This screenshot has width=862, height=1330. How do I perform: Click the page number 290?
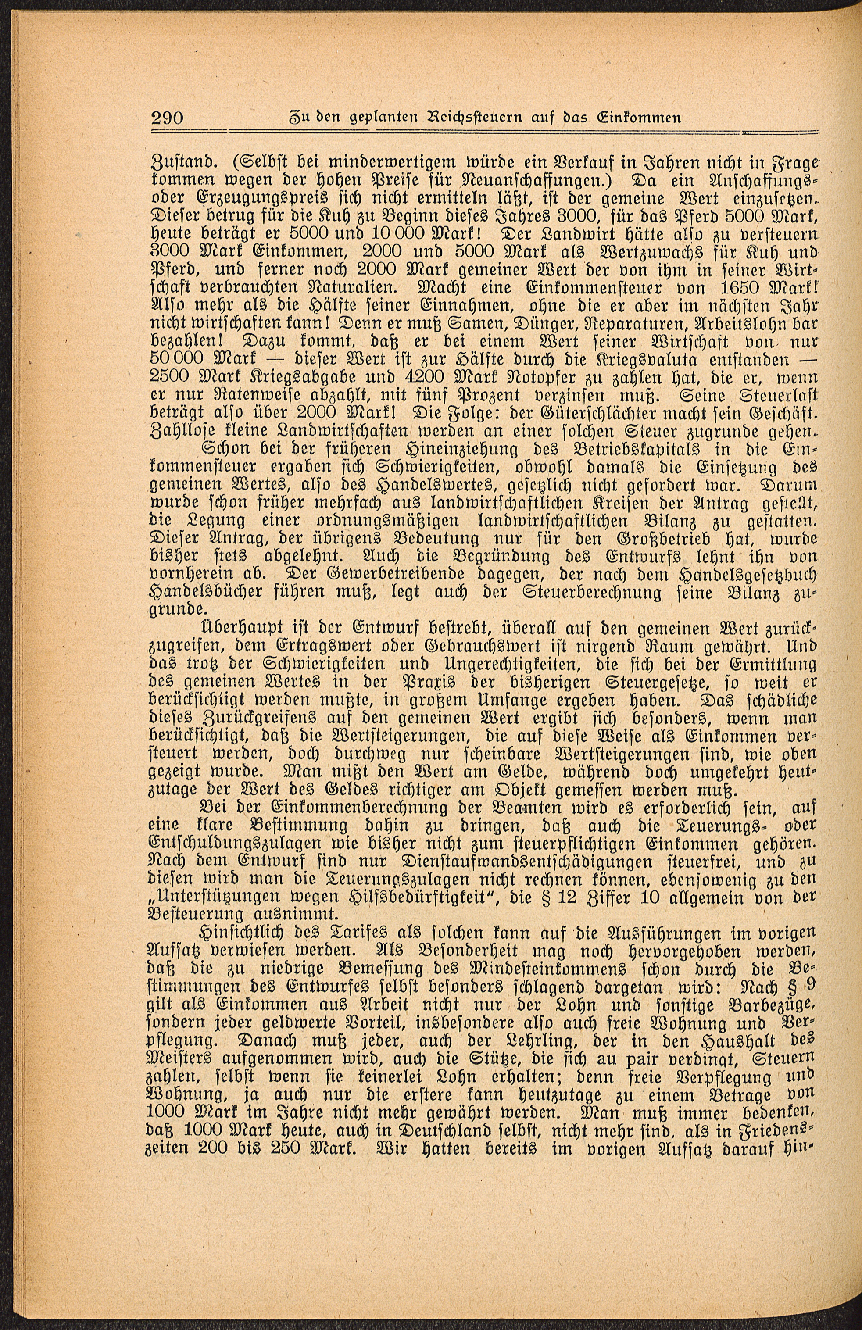(x=168, y=118)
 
